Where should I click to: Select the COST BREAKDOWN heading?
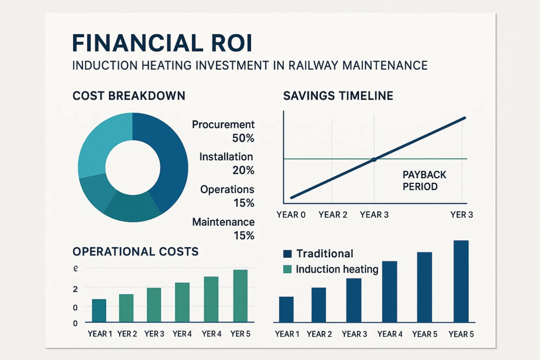[x=129, y=96]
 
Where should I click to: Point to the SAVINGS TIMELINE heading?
[x=338, y=96]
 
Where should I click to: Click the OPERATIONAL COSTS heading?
[x=136, y=251]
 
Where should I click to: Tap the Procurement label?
[x=223, y=125]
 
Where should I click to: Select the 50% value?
[x=243, y=138]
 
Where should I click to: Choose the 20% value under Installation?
[x=243, y=170]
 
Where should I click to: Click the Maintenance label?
[x=223, y=222]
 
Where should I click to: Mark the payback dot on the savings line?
[x=374, y=159]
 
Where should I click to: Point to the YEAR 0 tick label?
[x=291, y=215]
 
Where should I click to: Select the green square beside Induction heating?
[x=287, y=269]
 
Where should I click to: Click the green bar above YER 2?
[x=126, y=308]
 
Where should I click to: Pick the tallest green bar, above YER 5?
[x=240, y=296]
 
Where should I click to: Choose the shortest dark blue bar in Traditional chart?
[x=286, y=309]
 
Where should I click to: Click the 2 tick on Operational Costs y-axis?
[x=75, y=289]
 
